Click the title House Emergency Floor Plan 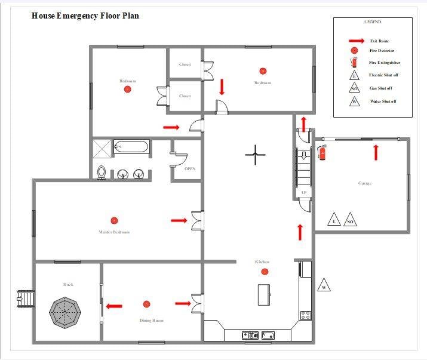[85, 16]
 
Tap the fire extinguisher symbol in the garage [323, 153]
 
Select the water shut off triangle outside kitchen [324, 285]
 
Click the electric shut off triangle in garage [334, 220]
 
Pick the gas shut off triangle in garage [351, 220]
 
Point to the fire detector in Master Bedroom [114, 220]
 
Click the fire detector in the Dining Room [146, 304]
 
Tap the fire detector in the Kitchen [265, 272]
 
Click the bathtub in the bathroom [131, 146]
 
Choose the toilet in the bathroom [102, 172]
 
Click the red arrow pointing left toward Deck [114, 306]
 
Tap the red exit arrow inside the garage [376, 152]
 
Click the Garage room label [364, 183]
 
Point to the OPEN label [189, 169]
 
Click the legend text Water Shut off [383, 101]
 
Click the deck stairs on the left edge [26, 297]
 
